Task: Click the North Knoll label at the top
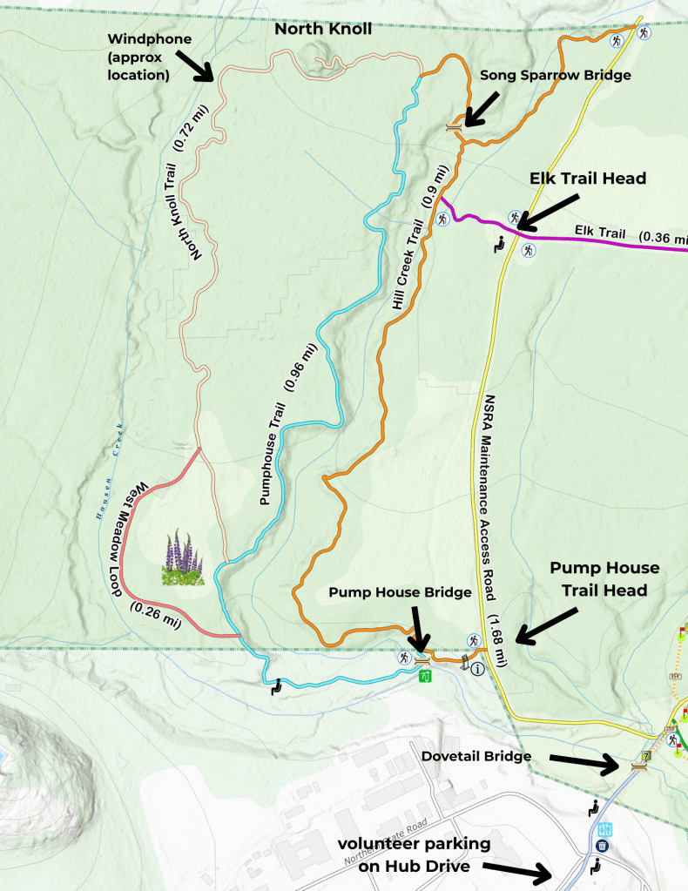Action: click(x=323, y=29)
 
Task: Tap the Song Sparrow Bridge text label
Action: click(x=555, y=76)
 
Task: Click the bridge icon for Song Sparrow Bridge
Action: click(x=453, y=127)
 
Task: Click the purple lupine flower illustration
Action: click(x=182, y=557)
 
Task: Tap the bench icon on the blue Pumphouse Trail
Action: click(x=277, y=686)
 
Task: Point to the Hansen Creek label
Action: click(x=113, y=469)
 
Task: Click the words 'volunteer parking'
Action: click(x=415, y=844)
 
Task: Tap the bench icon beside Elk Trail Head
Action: click(x=500, y=246)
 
